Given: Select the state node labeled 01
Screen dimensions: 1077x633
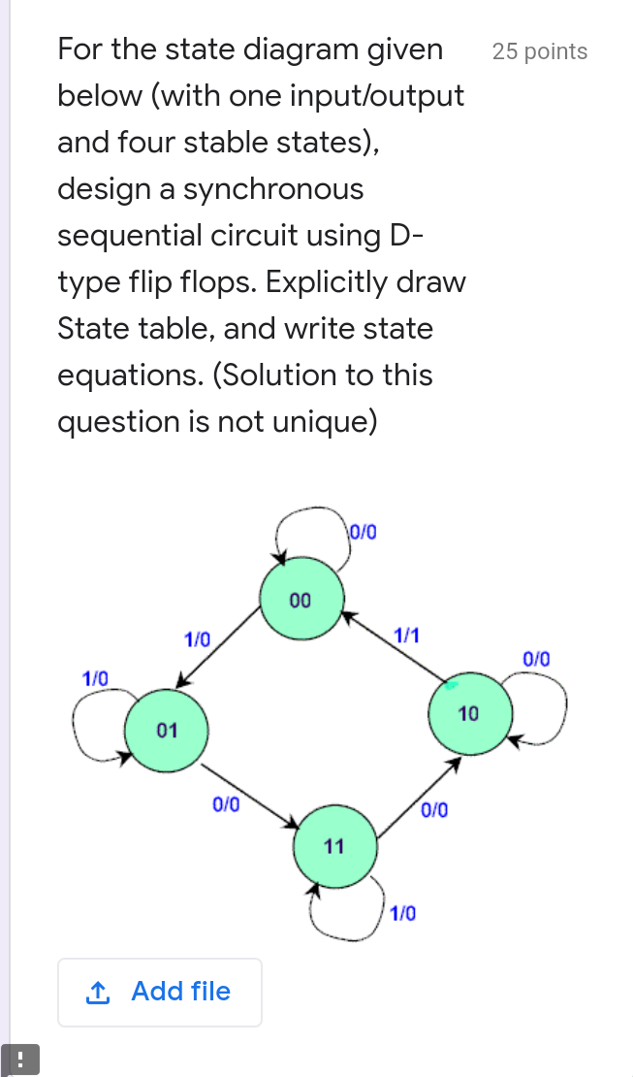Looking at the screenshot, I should [167, 730].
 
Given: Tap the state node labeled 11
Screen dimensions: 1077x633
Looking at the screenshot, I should [334, 845].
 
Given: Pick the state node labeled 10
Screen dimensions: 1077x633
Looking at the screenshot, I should [468, 714].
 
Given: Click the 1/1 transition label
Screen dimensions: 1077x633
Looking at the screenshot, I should [407, 636].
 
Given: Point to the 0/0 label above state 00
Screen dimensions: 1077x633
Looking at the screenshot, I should [364, 531].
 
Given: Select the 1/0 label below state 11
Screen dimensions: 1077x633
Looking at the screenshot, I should [403, 913].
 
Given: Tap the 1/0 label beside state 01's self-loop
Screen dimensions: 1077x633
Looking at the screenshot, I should [95, 676].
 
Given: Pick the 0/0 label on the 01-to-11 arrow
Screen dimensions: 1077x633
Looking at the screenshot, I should [226, 803].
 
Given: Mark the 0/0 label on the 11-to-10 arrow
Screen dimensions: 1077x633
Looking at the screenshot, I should [435, 809].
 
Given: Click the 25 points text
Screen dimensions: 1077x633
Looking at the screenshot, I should [539, 51].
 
